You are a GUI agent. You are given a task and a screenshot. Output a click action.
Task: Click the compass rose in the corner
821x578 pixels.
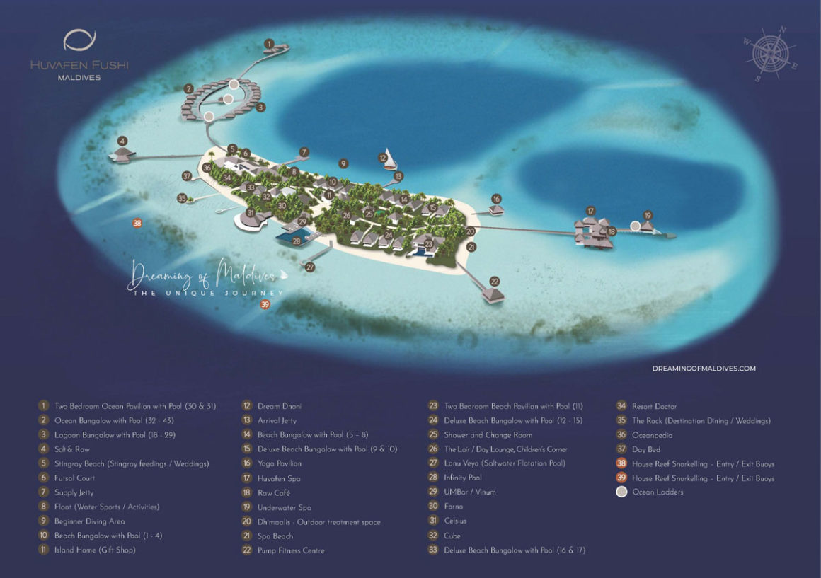coord(771,53)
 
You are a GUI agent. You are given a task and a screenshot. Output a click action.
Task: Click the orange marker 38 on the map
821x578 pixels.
coord(137,224)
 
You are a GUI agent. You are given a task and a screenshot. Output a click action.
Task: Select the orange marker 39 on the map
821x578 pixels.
coord(265,305)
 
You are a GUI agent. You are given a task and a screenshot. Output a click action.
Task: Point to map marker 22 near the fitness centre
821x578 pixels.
coord(495,281)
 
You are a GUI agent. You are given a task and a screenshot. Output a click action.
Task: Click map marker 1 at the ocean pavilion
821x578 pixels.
coord(268,44)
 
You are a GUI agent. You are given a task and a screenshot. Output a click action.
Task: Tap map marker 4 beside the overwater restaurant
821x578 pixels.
coord(122,141)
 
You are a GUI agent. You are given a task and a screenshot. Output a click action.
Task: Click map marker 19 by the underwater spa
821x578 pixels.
coord(647,215)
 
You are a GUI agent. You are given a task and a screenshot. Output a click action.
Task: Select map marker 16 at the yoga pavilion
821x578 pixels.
coord(496,199)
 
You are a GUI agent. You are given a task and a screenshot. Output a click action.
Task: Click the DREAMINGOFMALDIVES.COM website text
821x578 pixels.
coord(704,369)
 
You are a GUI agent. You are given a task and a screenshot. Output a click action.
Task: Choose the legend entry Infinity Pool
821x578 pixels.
coord(464,478)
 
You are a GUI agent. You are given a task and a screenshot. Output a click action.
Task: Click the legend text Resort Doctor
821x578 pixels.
coord(654,406)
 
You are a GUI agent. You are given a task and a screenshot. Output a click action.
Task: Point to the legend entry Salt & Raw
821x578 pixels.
coord(72,449)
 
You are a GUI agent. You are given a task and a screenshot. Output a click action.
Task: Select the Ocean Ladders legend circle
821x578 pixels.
coord(621,492)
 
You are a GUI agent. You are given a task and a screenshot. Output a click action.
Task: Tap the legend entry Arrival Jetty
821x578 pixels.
coord(277,420)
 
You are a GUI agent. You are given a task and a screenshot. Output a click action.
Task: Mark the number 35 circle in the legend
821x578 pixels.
coord(621,420)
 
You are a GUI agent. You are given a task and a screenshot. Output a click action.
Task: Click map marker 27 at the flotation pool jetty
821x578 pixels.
coord(310,267)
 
